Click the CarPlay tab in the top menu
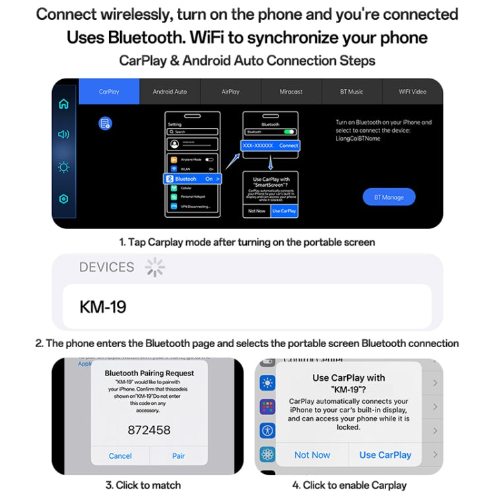pos(109,92)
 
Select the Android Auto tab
pos(170,92)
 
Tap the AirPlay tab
pos(230,92)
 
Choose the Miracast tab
pos(291,92)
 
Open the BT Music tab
pos(352,92)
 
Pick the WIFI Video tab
pos(412,92)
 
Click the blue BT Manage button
pos(389,197)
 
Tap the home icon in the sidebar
pos(64,104)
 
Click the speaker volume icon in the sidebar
pos(64,135)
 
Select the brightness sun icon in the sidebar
pos(64,167)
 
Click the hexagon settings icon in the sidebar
pos(64,199)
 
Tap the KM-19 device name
pos(103,307)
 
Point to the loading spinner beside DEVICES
pos(154,267)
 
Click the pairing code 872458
pos(148,430)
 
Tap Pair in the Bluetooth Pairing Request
pos(178,455)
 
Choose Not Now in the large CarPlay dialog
pos(312,455)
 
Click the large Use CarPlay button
pos(385,455)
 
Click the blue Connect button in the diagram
pos(288,145)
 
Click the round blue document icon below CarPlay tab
pos(104,123)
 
